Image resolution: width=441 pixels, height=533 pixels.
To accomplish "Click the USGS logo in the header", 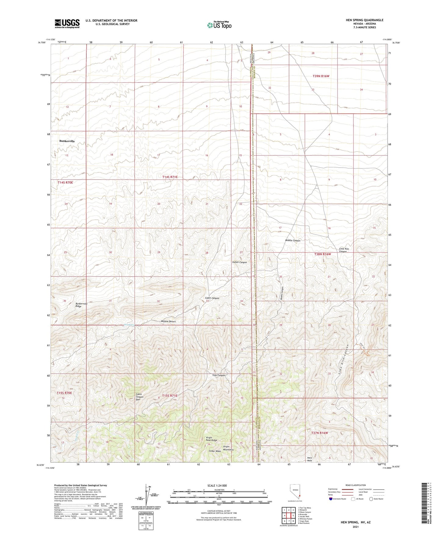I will coord(67,24).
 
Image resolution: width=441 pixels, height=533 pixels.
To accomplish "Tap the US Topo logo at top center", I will coord(219,25).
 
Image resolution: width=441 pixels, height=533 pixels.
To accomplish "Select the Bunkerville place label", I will coord(67,141).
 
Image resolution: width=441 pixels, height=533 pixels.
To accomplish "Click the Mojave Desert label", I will coord(168,322).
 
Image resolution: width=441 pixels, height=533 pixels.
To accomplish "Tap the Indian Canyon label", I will coord(239,262).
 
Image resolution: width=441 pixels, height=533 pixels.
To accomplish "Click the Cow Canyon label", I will coord(219,375).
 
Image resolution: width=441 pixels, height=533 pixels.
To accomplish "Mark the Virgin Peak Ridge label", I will coord(211,439).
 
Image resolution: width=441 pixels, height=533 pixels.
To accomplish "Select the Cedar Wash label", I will coord(215,451).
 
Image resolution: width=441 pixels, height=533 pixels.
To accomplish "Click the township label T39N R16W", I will coord(321,76).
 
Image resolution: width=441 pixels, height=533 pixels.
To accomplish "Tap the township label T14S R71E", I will coord(170,177).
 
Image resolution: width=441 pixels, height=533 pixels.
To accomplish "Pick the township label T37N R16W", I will coord(319,433).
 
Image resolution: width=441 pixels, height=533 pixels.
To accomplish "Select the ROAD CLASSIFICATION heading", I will coord(356,485).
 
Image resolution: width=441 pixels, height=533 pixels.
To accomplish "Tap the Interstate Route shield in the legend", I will coord(331,499).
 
